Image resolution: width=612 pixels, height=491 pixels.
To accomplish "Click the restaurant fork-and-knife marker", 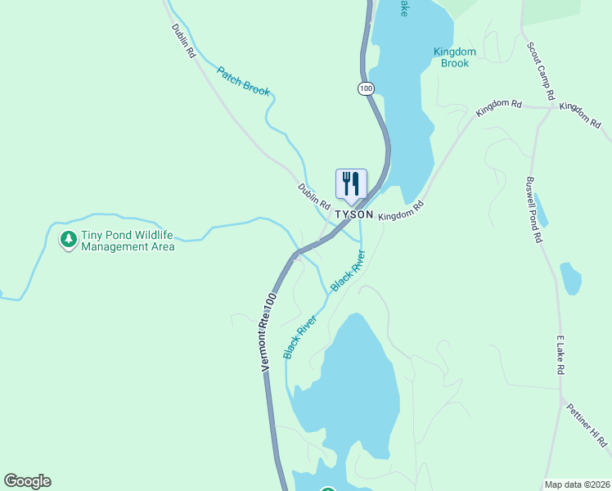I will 351,184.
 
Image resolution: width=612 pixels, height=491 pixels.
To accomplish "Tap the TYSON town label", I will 355,214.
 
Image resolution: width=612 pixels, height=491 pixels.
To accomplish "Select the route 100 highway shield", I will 366,88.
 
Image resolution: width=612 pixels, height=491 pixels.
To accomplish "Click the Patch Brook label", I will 243,81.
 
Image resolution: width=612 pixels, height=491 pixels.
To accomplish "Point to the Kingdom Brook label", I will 454,57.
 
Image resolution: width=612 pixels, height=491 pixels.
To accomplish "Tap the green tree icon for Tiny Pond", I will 69,240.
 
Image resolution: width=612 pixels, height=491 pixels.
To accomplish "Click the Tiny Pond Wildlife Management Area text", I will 128,241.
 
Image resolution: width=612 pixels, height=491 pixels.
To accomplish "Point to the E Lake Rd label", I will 561,355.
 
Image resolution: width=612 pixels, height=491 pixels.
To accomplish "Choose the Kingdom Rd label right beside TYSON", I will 403,210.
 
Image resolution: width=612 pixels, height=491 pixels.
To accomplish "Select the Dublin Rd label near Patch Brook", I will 184,40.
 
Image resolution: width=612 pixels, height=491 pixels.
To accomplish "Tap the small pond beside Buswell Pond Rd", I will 570,278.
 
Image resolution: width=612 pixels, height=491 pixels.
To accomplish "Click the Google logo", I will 27,481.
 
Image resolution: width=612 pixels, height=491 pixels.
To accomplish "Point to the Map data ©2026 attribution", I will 577,484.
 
